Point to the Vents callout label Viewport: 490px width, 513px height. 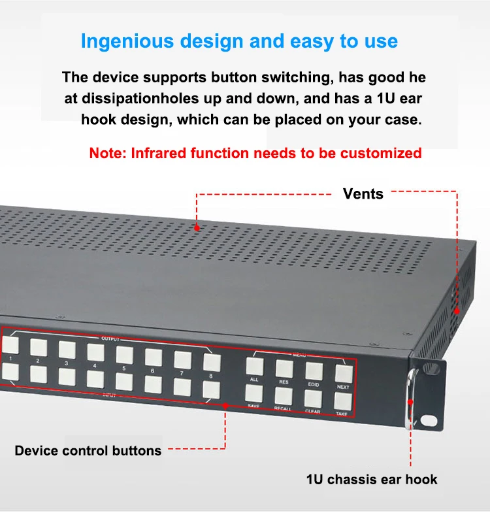click(363, 193)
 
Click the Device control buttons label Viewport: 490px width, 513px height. click(88, 450)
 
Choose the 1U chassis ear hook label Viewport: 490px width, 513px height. click(372, 480)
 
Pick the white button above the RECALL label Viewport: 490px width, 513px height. click(284, 395)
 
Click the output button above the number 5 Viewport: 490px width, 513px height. click(125, 354)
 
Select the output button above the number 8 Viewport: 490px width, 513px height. click(212, 361)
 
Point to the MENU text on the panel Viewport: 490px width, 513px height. click(299, 354)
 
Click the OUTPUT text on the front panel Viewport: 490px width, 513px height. click(110, 339)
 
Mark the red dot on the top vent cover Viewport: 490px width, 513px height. click(197, 227)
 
